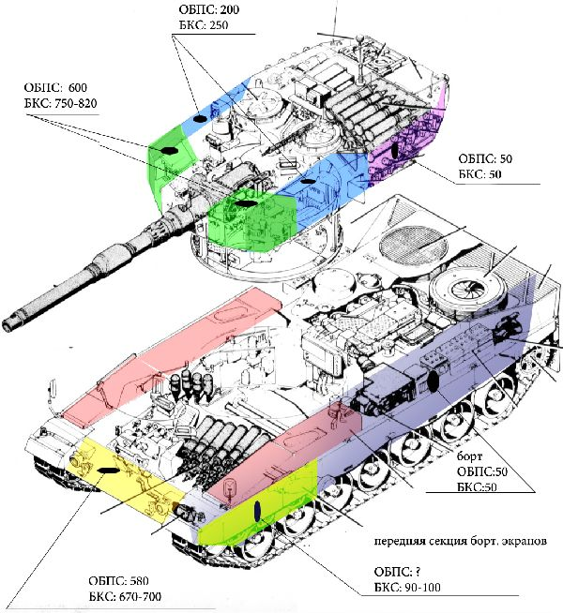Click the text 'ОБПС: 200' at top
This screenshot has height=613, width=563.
[x=208, y=8]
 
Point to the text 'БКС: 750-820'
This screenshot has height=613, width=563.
[x=62, y=102]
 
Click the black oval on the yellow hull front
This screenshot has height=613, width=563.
[x=107, y=470]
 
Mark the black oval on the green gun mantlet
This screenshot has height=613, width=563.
[x=248, y=202]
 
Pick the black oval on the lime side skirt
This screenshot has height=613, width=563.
[x=255, y=511]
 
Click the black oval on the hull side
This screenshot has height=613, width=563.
[x=434, y=381]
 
